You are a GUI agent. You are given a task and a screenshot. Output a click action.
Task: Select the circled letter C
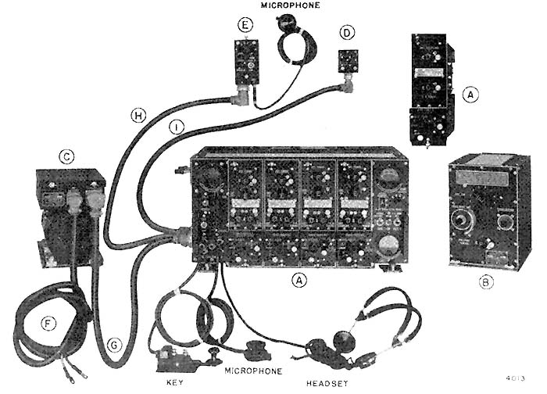[68, 156]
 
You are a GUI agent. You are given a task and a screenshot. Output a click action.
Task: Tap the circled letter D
[348, 33]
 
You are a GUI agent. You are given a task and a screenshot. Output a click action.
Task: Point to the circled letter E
[245, 27]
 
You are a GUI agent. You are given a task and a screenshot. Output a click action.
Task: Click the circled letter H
[138, 116]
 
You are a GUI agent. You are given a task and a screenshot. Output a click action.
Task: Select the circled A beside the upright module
[470, 94]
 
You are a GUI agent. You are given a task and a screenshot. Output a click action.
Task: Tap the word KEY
[176, 384]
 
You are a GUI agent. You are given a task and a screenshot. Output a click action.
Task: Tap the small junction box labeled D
[348, 60]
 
